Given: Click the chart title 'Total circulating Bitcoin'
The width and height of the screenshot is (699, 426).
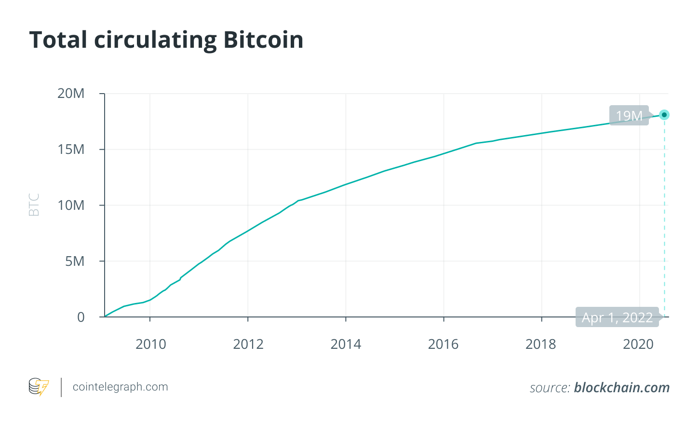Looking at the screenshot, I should pos(166,40).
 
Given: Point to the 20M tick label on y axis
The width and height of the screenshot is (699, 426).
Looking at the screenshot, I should pos(71,94).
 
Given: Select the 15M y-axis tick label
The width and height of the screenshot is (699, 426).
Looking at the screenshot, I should pos(71,150).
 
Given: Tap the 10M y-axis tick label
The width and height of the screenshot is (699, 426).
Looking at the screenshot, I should pos(71,206).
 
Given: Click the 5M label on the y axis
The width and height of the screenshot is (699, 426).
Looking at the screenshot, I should pos(75,261).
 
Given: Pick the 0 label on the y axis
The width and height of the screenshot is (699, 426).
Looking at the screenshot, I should pos(81,317).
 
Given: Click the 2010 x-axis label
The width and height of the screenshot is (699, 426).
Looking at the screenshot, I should pos(150,344).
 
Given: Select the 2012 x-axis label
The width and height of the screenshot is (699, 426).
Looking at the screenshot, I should pos(248,344).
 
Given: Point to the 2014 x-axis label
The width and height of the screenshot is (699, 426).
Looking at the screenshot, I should pos(346,344).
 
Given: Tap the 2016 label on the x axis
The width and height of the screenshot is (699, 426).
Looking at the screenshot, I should pos(444,344).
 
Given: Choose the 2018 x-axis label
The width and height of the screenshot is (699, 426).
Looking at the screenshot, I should pos(541,344).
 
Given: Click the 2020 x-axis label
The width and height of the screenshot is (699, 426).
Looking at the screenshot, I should pos(638,344).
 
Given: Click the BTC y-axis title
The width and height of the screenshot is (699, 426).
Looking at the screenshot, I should pos(34,205).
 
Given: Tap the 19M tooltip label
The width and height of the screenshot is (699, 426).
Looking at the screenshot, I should pos(629,116).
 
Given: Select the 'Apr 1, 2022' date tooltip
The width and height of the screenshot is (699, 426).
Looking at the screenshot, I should pos(617,317).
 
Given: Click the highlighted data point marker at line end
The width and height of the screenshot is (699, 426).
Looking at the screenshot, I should pos(664,115).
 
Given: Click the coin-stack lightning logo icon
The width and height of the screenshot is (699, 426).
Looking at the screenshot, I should pos(39,387).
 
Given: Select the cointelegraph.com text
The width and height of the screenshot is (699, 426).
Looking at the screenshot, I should pos(120,387).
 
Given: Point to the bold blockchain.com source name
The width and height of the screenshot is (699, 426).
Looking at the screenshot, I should pos(622,387).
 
